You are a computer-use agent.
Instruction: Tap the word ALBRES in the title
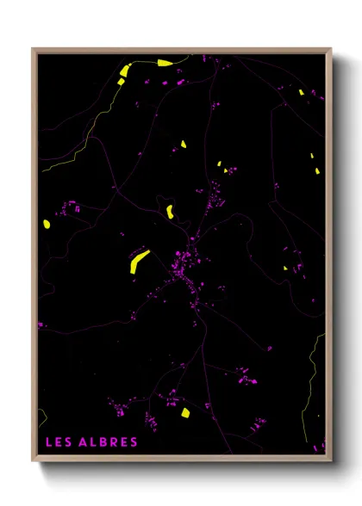point(109,442)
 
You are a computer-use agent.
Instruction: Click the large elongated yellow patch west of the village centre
point(139,262)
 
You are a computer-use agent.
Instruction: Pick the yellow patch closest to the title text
point(184,413)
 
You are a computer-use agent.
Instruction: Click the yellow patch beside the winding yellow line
point(124,71)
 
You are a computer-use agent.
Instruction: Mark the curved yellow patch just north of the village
point(171,211)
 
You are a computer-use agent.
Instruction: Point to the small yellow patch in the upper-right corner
point(301,92)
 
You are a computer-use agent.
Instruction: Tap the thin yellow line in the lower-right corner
point(312,379)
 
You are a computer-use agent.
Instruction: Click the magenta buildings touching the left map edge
point(41,325)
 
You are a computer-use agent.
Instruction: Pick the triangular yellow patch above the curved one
point(183,144)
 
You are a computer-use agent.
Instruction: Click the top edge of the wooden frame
point(181,50)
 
